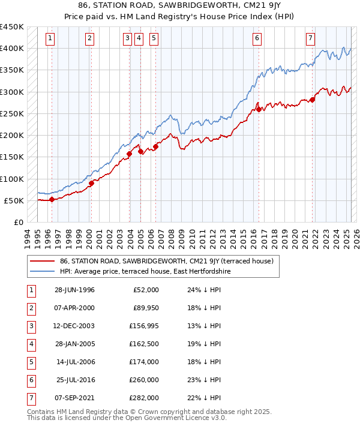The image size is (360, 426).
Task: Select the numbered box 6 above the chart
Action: click(x=257, y=39)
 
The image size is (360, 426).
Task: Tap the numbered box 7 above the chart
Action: click(x=310, y=39)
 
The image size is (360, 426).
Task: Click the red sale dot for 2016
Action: click(x=259, y=109)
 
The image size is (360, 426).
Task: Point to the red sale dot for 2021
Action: click(x=313, y=100)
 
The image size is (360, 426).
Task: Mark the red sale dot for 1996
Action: click(x=52, y=200)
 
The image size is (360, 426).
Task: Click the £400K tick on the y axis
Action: click(x=12, y=49)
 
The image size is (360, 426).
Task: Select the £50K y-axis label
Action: click(x=14, y=200)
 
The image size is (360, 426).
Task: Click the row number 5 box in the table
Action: click(x=30, y=362)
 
